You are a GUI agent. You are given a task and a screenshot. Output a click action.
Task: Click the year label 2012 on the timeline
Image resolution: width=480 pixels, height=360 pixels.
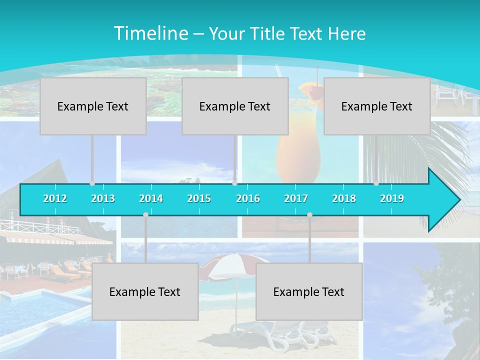pyautogui.click(x=55, y=198)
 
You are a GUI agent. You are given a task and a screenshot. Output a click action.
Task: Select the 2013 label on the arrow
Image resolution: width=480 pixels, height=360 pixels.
pyautogui.click(x=103, y=198)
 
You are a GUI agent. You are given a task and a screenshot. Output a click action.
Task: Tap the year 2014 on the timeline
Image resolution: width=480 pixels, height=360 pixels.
pyautogui.click(x=151, y=198)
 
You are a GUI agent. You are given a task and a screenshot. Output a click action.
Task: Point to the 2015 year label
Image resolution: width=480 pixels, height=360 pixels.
pyautogui.click(x=199, y=198)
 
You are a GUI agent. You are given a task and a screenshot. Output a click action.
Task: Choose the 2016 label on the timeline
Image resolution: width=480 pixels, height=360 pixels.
pyautogui.click(x=248, y=198)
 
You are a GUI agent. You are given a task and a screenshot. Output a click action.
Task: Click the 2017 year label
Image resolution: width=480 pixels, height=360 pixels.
pyautogui.click(x=296, y=198)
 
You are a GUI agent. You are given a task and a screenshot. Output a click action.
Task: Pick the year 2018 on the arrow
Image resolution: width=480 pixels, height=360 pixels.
pyautogui.click(x=344, y=198)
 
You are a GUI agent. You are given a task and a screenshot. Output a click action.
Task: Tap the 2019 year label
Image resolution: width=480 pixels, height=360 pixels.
pyautogui.click(x=392, y=198)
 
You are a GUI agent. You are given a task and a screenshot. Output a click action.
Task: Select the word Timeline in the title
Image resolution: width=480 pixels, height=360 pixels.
pyautogui.click(x=150, y=33)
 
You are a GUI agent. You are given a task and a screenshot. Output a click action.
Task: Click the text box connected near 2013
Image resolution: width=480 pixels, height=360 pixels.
pyautogui.click(x=93, y=106)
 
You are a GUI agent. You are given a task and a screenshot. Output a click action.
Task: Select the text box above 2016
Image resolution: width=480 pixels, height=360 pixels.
pyautogui.click(x=235, y=106)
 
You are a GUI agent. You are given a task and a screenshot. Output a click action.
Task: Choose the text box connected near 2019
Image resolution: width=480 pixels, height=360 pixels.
pyautogui.click(x=377, y=106)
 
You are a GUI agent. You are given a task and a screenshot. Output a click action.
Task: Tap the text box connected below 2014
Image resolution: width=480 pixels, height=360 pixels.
pyautogui.click(x=145, y=291)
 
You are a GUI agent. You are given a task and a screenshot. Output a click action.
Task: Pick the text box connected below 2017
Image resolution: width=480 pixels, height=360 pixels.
pyautogui.click(x=309, y=291)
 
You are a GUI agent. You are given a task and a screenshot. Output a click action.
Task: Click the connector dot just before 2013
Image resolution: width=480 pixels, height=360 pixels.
pyautogui.click(x=92, y=183)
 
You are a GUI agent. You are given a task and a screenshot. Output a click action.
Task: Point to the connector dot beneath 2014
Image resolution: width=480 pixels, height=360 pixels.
pyautogui.click(x=145, y=214)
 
